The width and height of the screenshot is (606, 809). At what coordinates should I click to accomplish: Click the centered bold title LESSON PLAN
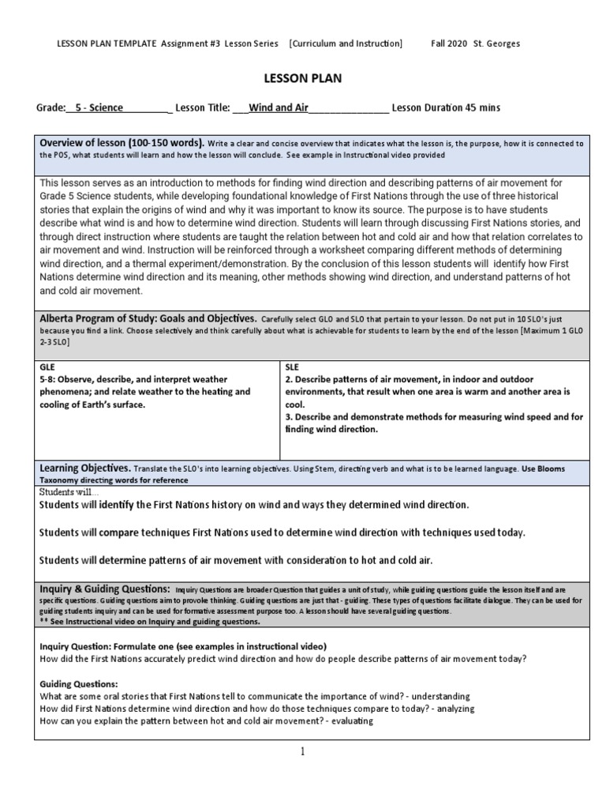point(302,79)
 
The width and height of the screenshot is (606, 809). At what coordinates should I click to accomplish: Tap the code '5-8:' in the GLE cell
point(49,379)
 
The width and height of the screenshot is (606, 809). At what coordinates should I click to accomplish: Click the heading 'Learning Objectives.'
point(85,468)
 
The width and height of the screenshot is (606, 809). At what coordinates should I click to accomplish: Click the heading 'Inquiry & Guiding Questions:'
point(104,589)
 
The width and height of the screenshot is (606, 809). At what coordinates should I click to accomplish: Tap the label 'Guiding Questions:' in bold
point(78,683)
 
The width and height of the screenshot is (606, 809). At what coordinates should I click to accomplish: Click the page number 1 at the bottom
point(302,752)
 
